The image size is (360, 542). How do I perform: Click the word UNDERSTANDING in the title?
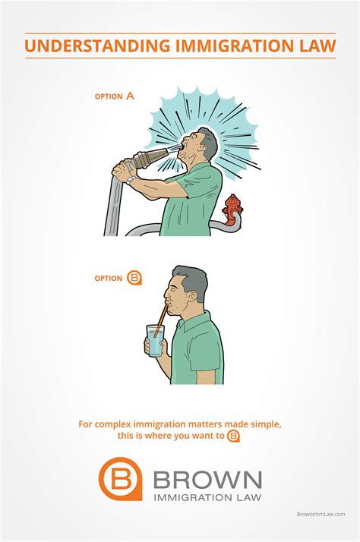[x=97, y=46]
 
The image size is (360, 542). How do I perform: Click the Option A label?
[x=114, y=96]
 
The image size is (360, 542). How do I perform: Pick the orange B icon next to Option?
[x=134, y=278]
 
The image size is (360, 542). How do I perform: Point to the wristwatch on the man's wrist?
[x=131, y=180]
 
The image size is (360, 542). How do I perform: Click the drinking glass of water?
[x=155, y=341]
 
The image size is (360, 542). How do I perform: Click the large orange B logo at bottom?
[x=120, y=479]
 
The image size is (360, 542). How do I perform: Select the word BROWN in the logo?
[x=207, y=480]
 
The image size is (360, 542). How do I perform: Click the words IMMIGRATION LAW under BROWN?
[x=207, y=498]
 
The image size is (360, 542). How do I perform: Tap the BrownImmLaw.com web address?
[x=321, y=514]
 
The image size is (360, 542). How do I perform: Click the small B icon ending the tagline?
[x=234, y=436]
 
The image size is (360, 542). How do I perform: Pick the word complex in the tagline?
[x=112, y=424]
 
